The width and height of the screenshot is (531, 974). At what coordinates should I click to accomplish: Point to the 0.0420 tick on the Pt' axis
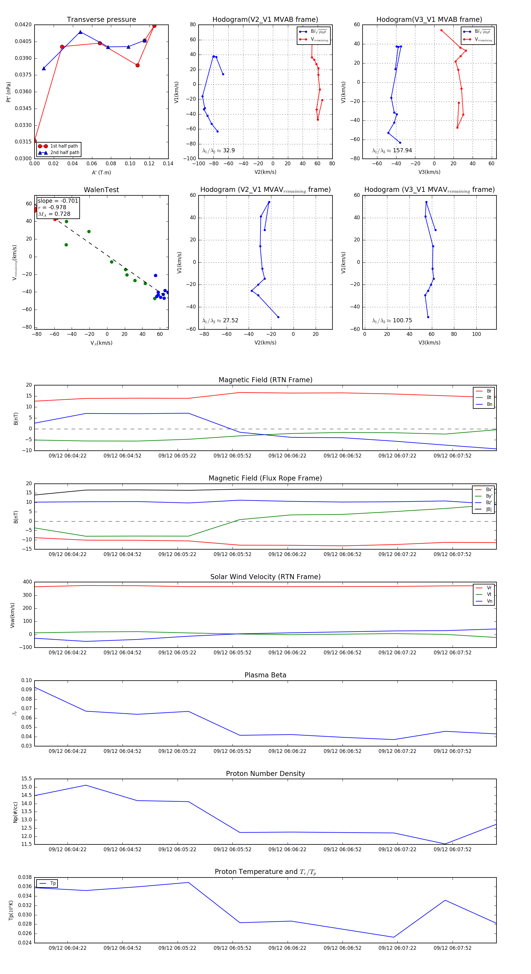point(23,24)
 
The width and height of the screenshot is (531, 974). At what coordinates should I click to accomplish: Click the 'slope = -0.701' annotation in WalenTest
point(58,201)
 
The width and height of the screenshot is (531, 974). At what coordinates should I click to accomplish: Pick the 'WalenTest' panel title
point(101,190)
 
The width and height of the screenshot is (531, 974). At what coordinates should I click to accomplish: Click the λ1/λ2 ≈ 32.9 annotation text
point(218,151)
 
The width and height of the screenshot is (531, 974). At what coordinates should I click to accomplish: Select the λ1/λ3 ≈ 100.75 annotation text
point(392,321)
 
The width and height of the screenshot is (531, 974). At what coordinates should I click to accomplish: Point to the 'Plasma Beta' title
point(265,675)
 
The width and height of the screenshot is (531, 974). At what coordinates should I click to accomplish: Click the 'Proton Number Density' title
point(265,774)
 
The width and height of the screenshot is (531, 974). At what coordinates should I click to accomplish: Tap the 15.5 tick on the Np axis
point(27,779)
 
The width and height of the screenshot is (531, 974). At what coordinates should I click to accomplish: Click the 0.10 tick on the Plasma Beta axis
point(27,681)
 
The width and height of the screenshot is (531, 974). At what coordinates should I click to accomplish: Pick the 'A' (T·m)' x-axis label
point(101,173)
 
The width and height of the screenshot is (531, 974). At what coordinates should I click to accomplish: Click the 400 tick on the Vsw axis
point(27,582)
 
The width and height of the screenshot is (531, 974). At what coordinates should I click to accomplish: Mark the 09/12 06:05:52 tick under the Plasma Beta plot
point(232,751)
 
